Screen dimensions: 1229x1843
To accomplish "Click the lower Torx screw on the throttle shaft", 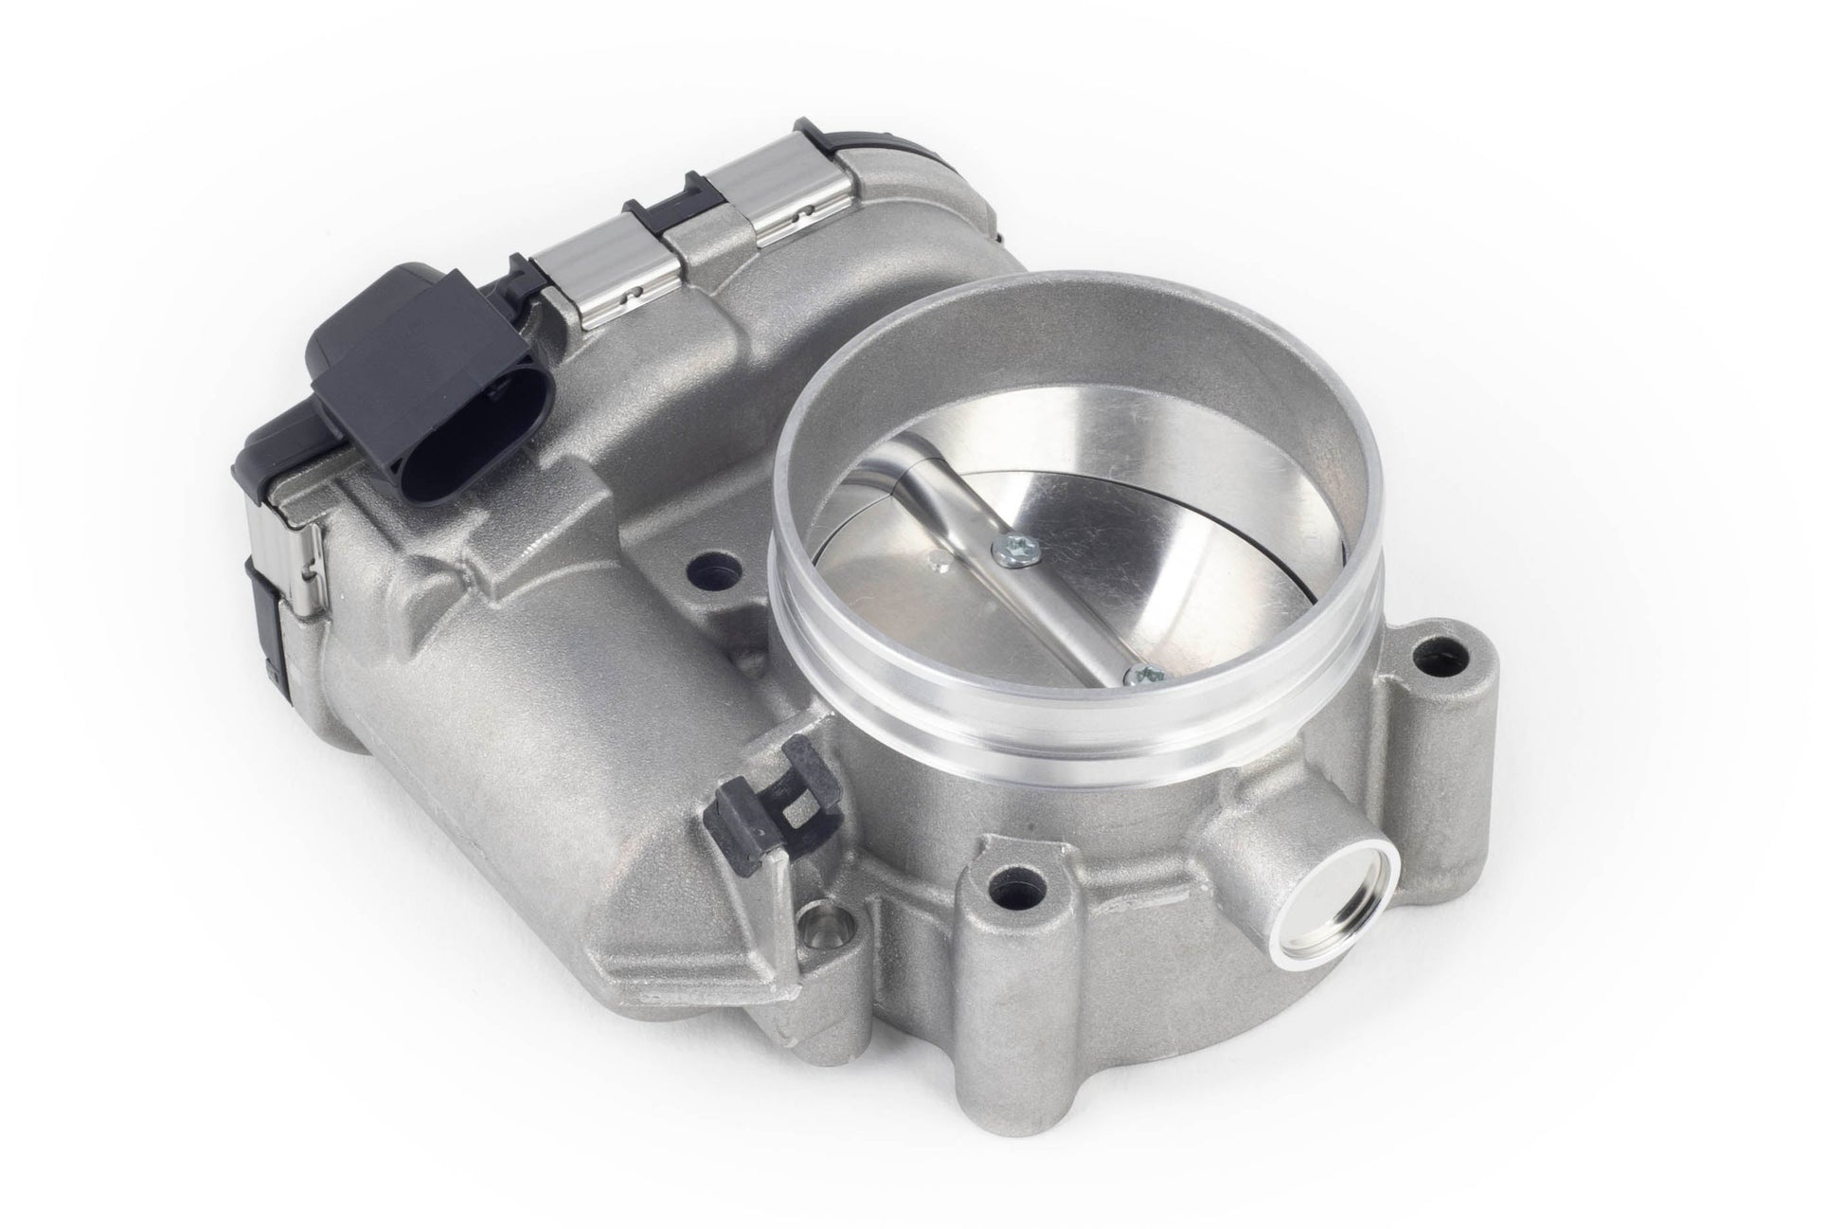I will click(x=1143, y=675).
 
